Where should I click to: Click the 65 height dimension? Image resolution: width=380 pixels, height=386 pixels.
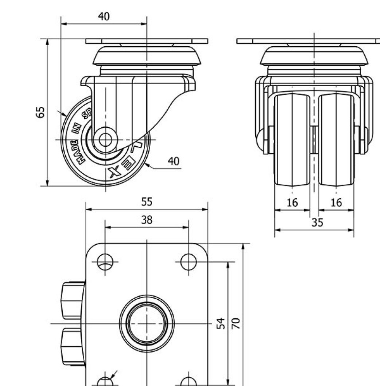point(42,112)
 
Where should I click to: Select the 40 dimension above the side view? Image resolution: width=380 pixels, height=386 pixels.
point(104,17)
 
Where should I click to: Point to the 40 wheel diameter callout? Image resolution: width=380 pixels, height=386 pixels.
point(174,161)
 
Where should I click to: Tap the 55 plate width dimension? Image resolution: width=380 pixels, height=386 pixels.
point(147,202)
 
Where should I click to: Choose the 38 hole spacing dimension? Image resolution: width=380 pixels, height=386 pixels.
point(147,220)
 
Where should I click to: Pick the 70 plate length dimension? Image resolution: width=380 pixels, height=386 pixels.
point(236,323)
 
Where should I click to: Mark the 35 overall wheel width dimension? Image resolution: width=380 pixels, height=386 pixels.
point(317,223)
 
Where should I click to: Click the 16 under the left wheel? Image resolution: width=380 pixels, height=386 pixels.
point(292,203)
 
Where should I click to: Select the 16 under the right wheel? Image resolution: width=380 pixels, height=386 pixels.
point(336,203)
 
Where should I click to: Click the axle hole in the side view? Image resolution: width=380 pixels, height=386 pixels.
point(105,139)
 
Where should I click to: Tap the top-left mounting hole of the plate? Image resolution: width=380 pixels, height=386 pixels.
point(105,261)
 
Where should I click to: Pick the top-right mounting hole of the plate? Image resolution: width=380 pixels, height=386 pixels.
point(189,261)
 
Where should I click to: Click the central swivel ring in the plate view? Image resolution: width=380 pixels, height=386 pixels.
point(147,323)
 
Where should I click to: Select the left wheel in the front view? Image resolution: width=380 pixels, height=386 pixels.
point(292,140)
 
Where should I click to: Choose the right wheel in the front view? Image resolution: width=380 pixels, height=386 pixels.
point(336,140)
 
